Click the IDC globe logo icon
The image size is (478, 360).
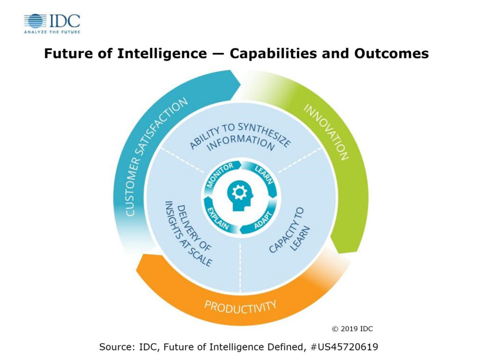[x=35, y=21]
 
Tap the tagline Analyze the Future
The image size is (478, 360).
[x=52, y=32]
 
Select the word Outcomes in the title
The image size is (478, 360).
[x=392, y=54]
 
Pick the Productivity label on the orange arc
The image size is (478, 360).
[x=240, y=306]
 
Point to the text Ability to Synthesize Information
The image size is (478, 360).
[x=240, y=137]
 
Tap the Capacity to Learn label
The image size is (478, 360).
[x=288, y=230]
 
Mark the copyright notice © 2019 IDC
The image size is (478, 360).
[x=352, y=329]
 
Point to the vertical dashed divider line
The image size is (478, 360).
[x=240, y=267]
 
